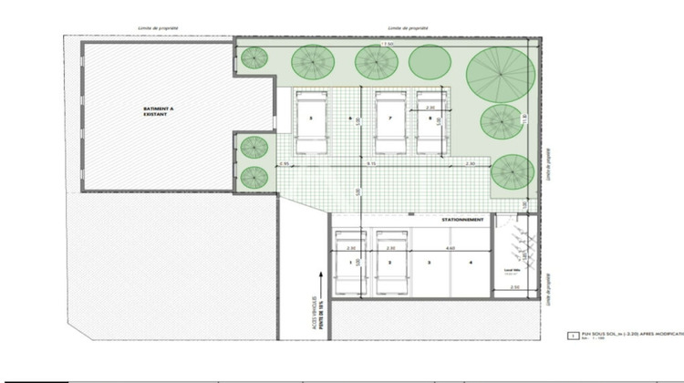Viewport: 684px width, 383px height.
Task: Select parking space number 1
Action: coord(351,264)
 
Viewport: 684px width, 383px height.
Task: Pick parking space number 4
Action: coord(471,264)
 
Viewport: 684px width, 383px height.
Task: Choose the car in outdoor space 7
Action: coord(389,123)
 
